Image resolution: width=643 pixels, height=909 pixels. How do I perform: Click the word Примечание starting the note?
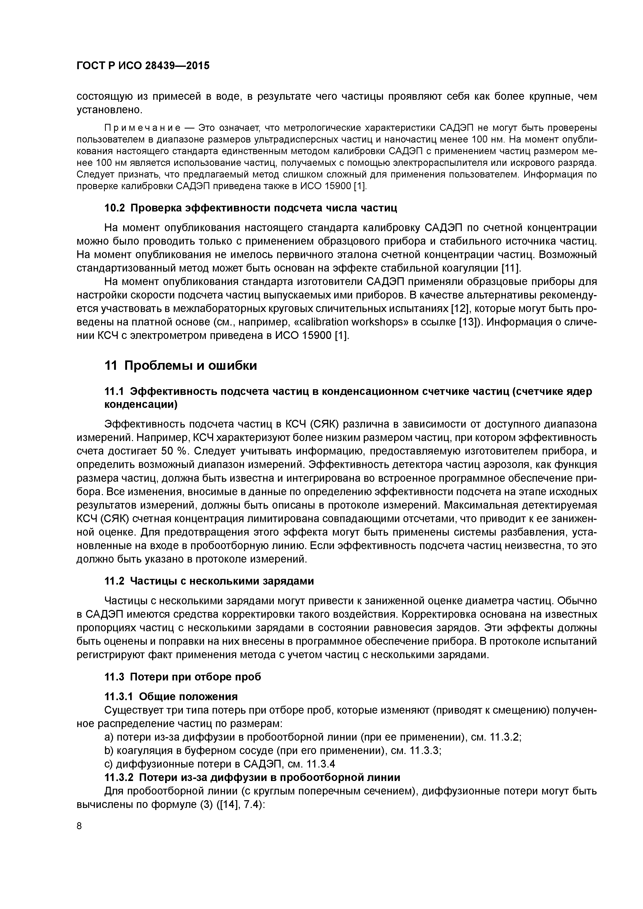point(142,128)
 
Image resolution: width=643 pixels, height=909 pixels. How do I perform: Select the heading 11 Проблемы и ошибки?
point(180,365)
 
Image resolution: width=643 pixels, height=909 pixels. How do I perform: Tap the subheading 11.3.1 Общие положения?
point(171,697)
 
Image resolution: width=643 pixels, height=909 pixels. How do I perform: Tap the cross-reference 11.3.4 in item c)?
point(321,764)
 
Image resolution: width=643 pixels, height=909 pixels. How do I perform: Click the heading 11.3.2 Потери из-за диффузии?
point(252,778)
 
